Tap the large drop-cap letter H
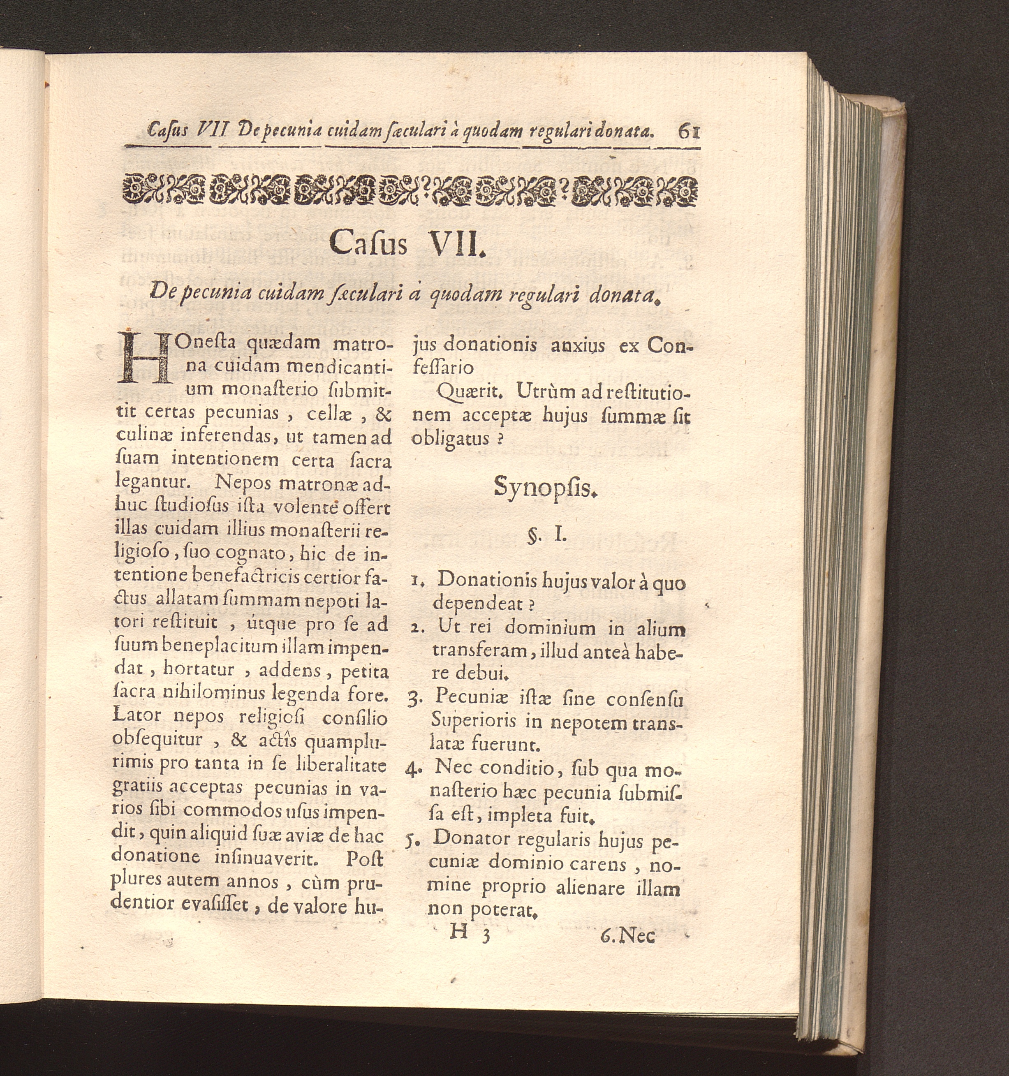click(143, 359)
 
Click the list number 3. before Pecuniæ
click(413, 700)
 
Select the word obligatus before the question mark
click(450, 438)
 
